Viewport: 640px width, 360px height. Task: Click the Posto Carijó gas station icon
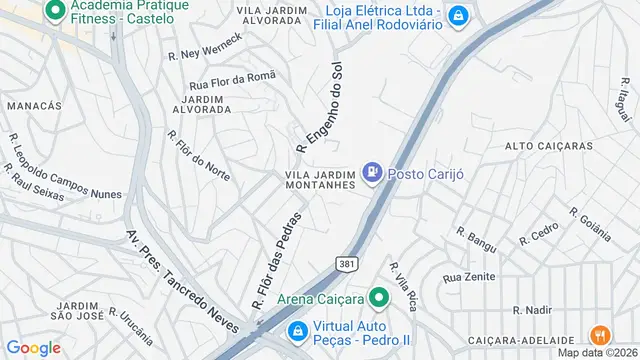373,173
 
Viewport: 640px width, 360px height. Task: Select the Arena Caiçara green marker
379,298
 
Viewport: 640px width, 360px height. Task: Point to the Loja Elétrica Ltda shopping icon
456,15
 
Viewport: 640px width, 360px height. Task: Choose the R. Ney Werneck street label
205,46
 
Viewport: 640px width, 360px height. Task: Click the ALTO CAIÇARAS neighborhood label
549,147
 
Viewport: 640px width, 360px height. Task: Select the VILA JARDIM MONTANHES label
315,179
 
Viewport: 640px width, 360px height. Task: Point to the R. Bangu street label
476,239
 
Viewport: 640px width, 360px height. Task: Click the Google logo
33,348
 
